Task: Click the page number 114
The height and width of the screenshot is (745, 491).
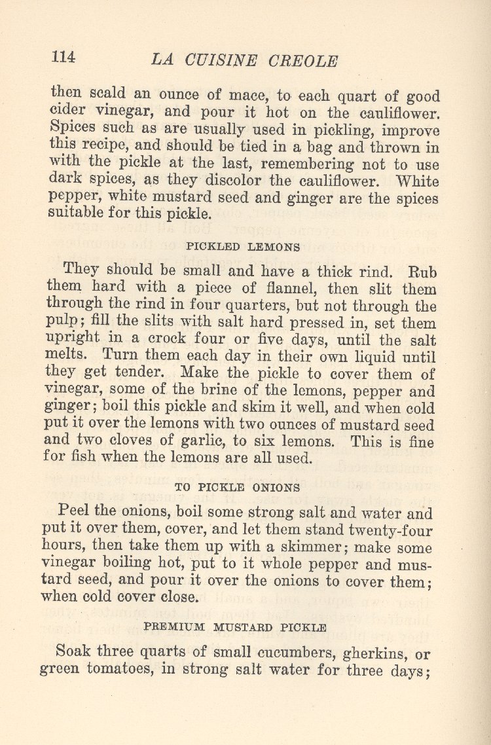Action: (64, 57)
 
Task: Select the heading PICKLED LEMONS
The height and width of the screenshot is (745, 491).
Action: (244, 247)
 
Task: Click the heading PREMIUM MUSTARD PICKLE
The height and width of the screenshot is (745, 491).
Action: (235, 627)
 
